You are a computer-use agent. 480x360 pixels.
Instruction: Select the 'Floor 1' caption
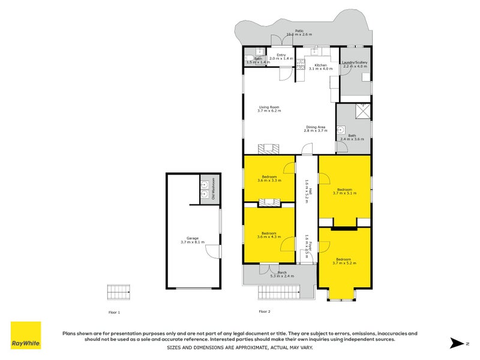tap(114, 312)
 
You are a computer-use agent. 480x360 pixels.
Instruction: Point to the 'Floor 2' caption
tap(265, 311)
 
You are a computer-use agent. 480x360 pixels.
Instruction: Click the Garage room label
tap(192, 240)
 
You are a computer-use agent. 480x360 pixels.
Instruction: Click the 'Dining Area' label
tap(316, 128)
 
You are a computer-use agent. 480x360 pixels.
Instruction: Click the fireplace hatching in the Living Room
tap(265, 149)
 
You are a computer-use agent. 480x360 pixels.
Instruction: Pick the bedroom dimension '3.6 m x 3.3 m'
tap(268, 180)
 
